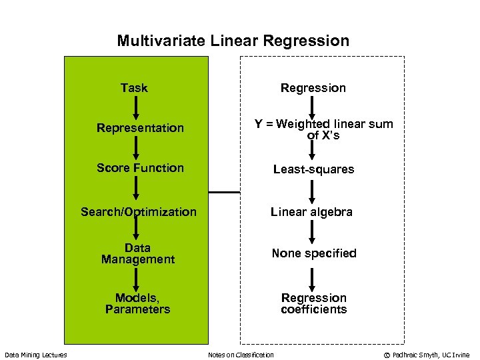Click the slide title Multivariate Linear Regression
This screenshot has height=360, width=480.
click(233, 41)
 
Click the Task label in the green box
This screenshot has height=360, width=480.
click(134, 88)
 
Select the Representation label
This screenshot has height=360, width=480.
click(140, 128)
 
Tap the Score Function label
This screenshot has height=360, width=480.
click(140, 168)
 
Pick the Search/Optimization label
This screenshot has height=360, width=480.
click(139, 212)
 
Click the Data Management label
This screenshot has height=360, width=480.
click(138, 253)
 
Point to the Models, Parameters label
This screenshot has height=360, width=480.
click(138, 303)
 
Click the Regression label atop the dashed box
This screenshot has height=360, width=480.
click(313, 88)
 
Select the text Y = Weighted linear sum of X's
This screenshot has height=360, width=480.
click(323, 129)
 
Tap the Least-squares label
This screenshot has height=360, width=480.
click(313, 169)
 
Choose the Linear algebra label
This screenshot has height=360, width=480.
click(311, 212)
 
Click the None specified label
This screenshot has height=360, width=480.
click(313, 253)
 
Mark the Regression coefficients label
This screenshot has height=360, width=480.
click(313, 303)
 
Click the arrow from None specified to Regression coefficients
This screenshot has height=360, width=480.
click(312, 277)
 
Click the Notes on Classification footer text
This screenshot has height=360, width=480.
click(241, 355)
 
